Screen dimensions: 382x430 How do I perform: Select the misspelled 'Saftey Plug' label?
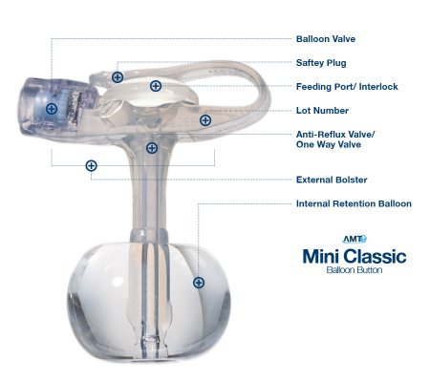(319, 63)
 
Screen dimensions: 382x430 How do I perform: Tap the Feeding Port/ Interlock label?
(346, 87)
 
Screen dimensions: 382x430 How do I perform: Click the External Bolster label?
(332, 180)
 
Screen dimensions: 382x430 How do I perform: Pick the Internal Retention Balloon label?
(354, 203)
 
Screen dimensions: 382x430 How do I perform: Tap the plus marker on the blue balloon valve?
(52, 109)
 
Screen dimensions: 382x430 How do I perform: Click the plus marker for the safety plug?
(118, 76)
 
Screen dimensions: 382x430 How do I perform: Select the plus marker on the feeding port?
(156, 86)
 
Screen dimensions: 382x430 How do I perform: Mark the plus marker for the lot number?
(205, 120)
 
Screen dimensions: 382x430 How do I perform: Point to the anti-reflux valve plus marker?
(151, 147)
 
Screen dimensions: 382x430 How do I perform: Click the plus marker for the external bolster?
(91, 165)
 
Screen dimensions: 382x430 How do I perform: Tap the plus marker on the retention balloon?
(199, 282)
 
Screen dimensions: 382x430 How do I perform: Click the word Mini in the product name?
(320, 256)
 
